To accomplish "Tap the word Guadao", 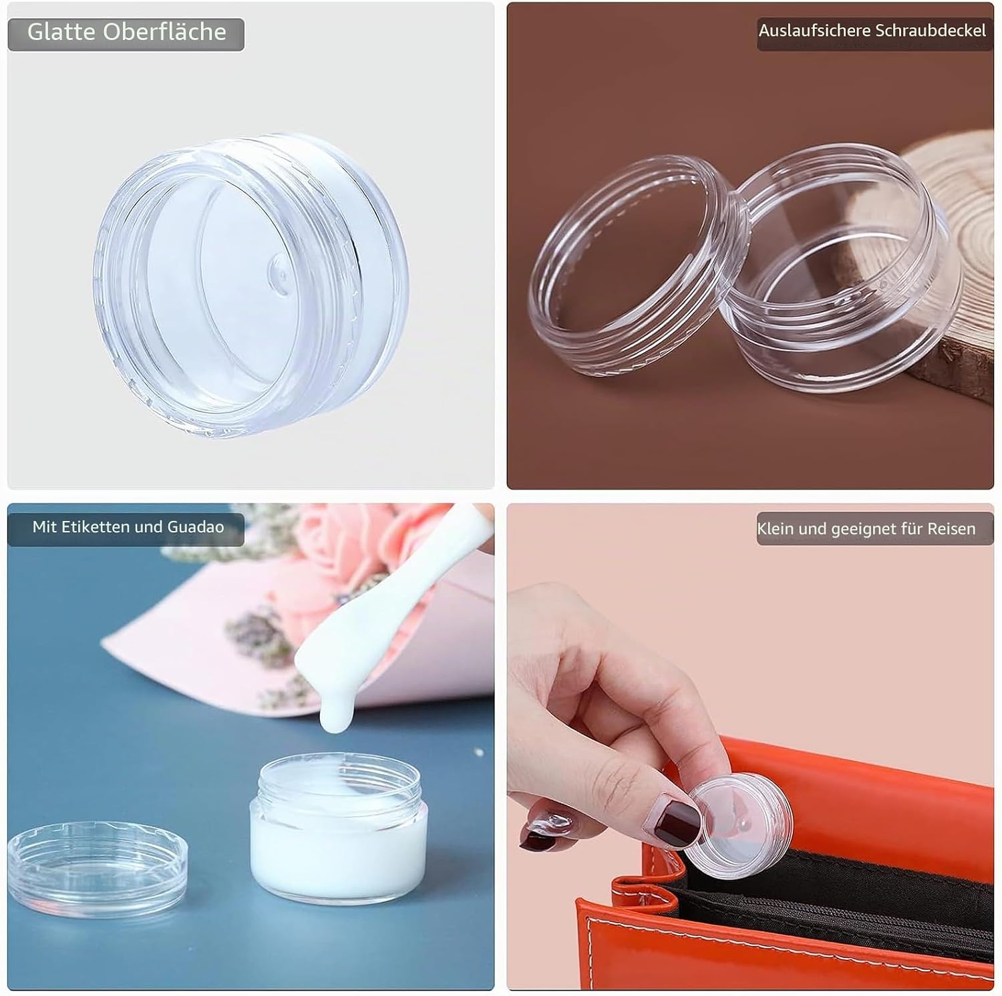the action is (x=195, y=527).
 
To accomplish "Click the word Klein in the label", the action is (x=776, y=529).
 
